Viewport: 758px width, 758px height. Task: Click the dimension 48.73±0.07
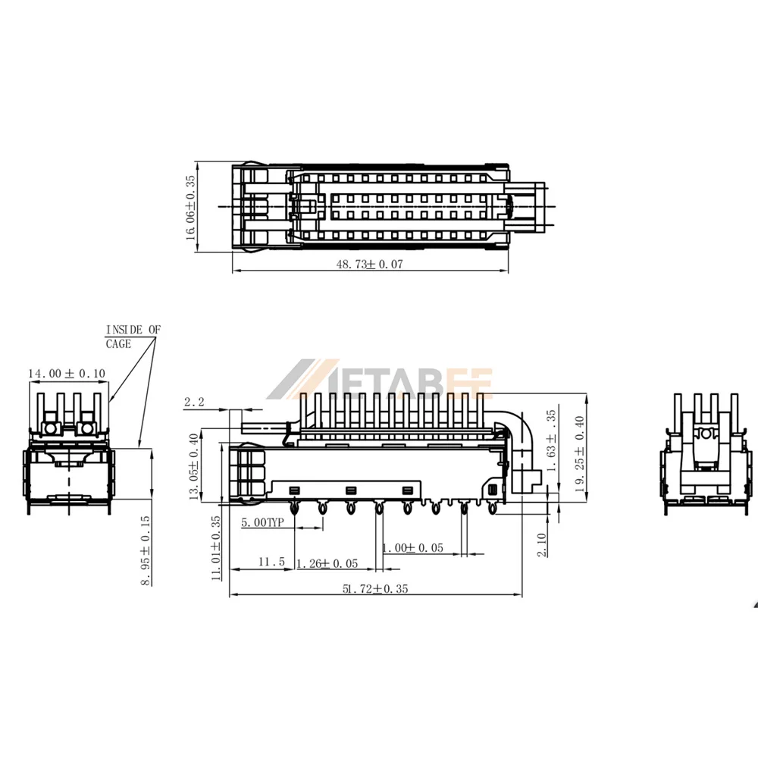coord(369,264)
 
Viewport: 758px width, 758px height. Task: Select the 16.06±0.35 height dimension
coord(190,208)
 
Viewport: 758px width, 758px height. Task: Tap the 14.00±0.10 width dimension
coord(67,373)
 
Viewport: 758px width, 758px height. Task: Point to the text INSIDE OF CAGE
coord(133,337)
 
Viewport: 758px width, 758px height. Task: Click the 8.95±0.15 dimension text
coord(146,550)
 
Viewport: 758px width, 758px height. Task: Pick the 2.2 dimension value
coord(194,402)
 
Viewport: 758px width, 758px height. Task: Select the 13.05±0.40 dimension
coord(193,466)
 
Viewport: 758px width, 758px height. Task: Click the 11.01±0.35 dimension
coord(216,548)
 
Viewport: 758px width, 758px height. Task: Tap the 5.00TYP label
coord(262,522)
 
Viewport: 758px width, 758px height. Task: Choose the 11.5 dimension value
coord(271,562)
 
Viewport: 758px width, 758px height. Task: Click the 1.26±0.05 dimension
coord(327,564)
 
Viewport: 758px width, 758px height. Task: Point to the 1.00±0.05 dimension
coord(413,548)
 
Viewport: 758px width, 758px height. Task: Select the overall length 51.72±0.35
coord(375,588)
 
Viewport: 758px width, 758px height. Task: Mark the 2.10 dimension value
coord(542,545)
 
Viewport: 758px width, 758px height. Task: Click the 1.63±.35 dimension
coord(551,441)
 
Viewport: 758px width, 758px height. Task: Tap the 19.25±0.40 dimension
coord(580,454)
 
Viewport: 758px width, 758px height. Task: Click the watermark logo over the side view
coord(380,379)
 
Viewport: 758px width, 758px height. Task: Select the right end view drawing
coord(706,454)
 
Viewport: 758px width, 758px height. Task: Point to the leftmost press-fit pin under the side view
coord(293,508)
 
